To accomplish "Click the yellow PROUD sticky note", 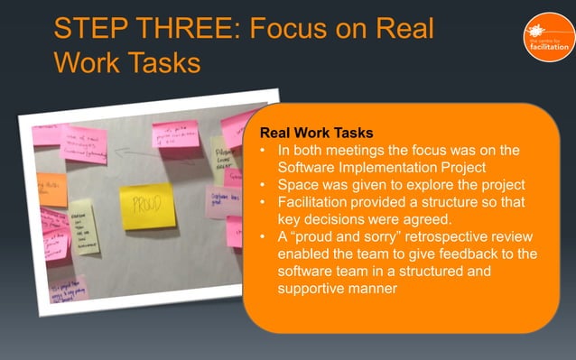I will click(x=147, y=205).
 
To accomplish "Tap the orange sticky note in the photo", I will click(x=51, y=189).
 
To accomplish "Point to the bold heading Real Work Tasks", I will click(x=316, y=133).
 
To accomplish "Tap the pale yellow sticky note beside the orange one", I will click(x=85, y=226).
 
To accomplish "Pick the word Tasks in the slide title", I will click(x=163, y=63).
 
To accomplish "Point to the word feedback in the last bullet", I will click(x=473, y=254).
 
